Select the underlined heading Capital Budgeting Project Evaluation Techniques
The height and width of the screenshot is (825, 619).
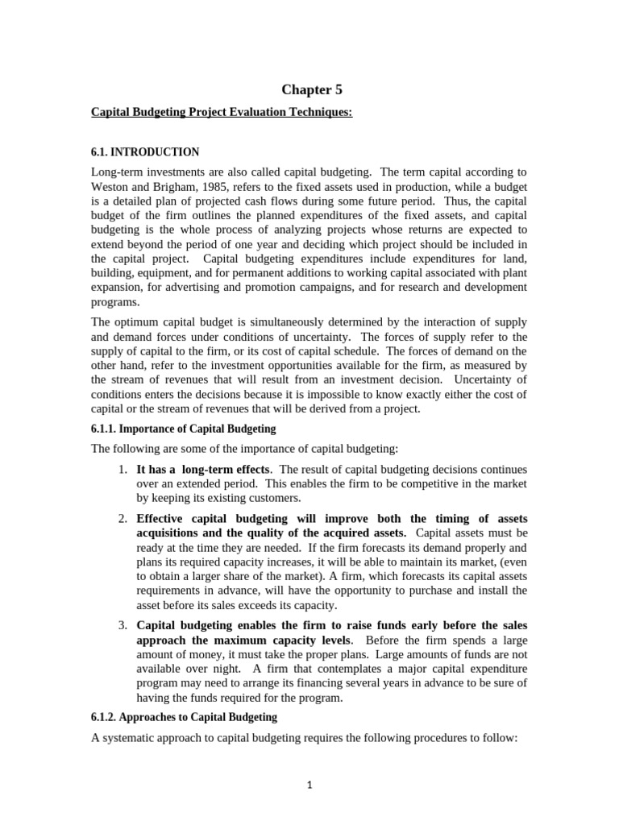tap(222, 112)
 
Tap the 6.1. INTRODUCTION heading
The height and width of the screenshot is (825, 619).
tap(145, 151)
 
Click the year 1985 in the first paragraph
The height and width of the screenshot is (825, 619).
tap(206, 186)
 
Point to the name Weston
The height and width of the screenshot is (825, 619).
tap(113, 186)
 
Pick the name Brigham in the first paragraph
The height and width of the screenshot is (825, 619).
tap(164, 186)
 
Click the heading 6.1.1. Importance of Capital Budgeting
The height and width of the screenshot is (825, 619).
tap(183, 429)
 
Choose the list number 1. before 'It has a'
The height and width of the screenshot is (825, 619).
tap(123, 469)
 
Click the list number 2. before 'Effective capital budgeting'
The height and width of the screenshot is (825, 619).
tap(123, 518)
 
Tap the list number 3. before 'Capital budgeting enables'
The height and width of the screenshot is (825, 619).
tap(123, 625)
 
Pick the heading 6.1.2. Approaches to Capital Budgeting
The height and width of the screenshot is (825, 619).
tap(184, 717)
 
